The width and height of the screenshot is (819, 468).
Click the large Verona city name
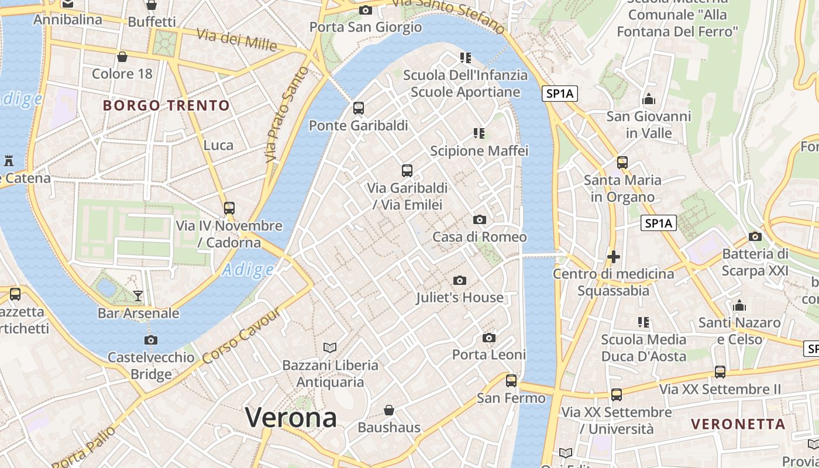point(291,418)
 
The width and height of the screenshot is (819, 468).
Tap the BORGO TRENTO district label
point(167,106)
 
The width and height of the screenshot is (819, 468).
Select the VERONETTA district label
point(738,424)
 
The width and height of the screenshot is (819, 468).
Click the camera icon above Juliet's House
point(460,281)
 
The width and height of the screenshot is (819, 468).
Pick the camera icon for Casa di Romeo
point(480,220)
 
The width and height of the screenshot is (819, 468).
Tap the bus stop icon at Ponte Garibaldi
point(359,108)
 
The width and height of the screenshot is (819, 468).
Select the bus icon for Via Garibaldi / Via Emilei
point(407,171)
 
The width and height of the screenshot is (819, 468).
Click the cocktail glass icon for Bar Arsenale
point(138,296)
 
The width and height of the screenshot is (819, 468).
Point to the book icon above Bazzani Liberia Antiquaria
point(330,348)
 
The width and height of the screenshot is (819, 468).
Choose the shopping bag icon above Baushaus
point(389,411)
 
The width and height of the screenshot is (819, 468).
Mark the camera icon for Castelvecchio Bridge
point(151,340)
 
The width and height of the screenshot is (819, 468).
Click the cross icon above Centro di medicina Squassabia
point(613,257)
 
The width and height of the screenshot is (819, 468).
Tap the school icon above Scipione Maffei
point(479,133)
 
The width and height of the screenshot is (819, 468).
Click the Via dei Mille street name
point(237,40)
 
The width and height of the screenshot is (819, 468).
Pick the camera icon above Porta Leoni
point(489,338)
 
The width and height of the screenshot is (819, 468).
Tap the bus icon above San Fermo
point(511,381)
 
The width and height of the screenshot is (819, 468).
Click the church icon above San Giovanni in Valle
point(649,99)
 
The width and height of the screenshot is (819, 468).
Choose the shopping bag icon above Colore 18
point(122,57)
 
